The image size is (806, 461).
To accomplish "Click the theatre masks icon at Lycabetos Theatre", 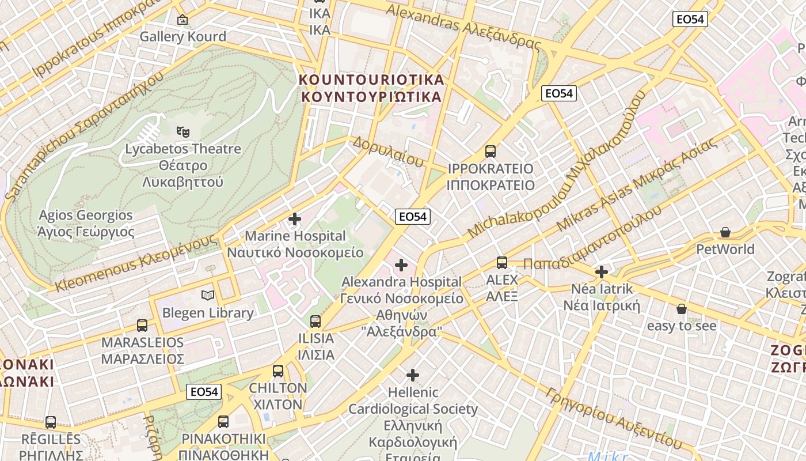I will (183, 132).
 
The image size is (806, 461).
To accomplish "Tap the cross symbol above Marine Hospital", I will (295, 219).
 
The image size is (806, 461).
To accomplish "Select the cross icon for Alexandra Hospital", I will (401, 265).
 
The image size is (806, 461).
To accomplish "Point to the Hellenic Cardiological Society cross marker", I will (413, 375).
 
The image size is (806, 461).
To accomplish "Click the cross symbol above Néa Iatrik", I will (602, 271).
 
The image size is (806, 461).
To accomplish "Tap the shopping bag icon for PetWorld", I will (725, 232).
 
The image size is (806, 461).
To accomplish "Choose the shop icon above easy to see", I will (682, 309).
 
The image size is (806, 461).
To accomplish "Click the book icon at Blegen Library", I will (208, 296).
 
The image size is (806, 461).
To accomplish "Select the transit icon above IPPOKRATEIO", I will (491, 152).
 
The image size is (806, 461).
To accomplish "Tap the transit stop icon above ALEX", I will (502, 263).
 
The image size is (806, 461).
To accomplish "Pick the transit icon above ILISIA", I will (315, 322).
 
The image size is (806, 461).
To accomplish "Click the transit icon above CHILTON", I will (278, 371).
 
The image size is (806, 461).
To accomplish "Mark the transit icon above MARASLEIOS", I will (142, 325).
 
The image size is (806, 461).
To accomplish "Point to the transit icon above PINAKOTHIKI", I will (223, 421).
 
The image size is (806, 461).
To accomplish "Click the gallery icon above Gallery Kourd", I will (183, 20).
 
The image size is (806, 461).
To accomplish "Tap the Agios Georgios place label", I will (85, 224).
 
